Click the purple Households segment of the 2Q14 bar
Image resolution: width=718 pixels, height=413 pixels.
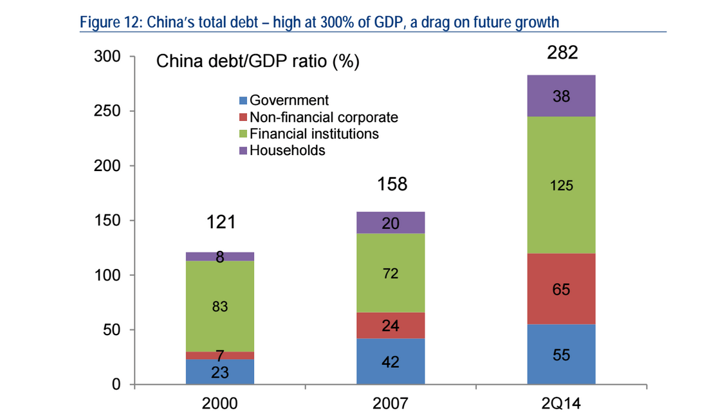(x=561, y=96)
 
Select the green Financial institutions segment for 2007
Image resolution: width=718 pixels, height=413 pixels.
(x=391, y=273)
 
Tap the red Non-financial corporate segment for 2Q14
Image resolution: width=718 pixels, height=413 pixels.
(x=561, y=289)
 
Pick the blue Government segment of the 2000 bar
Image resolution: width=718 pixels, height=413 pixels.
(x=220, y=372)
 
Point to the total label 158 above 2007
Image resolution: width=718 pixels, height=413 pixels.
(x=392, y=185)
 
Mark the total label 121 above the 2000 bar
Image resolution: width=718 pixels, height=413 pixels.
(x=221, y=223)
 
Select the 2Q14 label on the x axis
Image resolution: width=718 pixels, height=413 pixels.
(x=561, y=403)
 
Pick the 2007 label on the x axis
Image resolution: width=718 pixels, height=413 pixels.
(x=391, y=403)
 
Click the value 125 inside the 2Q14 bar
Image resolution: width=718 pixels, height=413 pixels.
(x=561, y=186)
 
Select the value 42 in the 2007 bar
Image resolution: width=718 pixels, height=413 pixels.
(x=390, y=362)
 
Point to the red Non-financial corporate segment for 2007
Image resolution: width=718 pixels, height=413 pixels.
(x=391, y=326)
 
